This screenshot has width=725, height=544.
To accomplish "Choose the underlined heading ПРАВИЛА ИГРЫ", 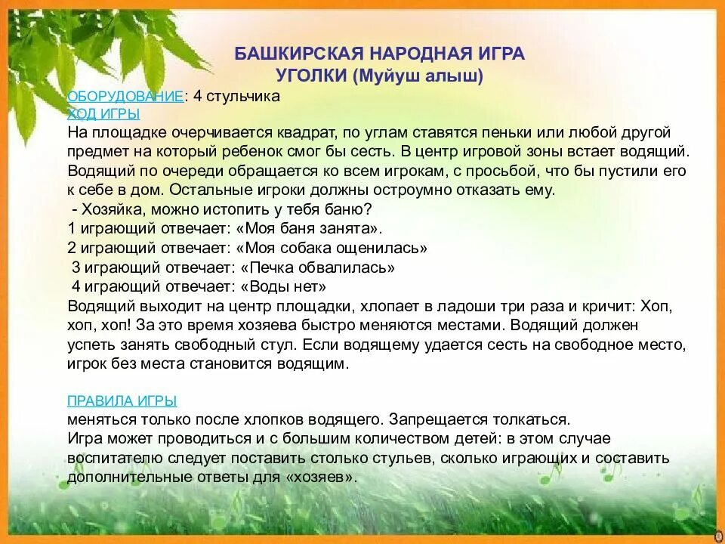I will (x=122, y=400).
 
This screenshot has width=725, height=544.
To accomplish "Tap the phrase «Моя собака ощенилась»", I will (x=332, y=248).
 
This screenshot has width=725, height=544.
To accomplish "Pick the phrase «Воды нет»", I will (x=283, y=287).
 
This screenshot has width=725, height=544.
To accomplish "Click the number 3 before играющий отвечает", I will (x=76, y=267).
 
